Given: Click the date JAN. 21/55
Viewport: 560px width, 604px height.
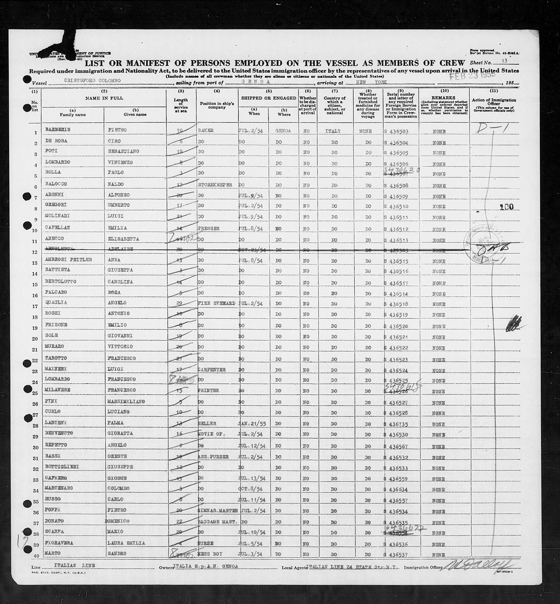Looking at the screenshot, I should [252, 423].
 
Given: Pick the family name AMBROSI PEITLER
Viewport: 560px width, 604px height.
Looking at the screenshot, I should [68, 260].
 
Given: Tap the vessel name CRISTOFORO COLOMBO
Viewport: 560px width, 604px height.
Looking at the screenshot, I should [93, 81].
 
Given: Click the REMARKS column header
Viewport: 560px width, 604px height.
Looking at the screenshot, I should [444, 98].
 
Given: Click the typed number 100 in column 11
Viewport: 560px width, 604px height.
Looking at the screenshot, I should [507, 207].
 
